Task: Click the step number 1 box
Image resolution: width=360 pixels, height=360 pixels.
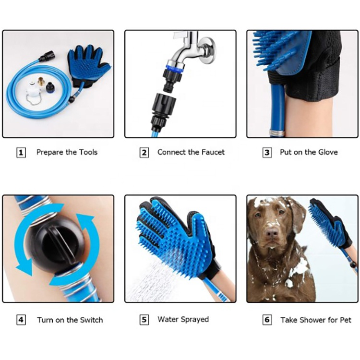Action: (x=21, y=153)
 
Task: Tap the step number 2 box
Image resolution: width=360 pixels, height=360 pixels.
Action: (x=144, y=153)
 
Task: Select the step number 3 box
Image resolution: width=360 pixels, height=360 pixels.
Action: (x=267, y=153)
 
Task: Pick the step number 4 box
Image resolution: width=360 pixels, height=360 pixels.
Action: (x=21, y=320)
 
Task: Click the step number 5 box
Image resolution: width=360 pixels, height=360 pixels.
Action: (x=144, y=320)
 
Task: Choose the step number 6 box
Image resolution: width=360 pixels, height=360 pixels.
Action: (x=267, y=320)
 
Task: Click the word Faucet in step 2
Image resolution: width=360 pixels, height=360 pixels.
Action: (x=213, y=152)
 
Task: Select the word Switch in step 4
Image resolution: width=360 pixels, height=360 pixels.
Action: (x=91, y=320)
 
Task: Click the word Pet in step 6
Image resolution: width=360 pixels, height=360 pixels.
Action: (x=345, y=320)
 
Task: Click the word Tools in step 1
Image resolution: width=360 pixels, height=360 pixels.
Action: (x=88, y=152)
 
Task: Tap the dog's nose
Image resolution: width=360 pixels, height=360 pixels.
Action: (x=272, y=233)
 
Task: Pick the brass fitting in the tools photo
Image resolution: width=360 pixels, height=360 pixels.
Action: (x=41, y=81)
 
